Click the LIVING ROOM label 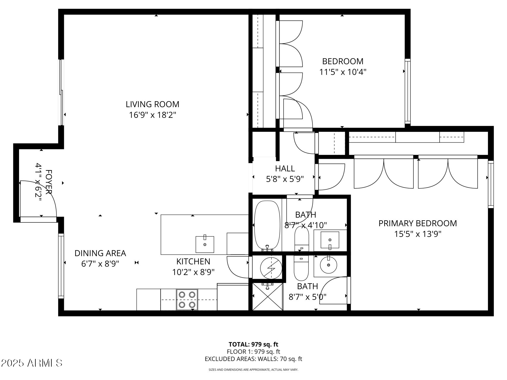[x=152, y=104]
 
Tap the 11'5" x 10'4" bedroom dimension [x=343, y=72]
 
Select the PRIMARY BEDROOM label [x=417, y=223]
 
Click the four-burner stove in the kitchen [x=187, y=300]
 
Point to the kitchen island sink [x=205, y=244]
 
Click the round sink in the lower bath [x=328, y=265]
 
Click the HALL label [x=285, y=169]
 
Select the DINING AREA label [x=100, y=253]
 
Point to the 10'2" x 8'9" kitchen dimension [x=193, y=272]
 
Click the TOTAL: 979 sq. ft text [x=253, y=344]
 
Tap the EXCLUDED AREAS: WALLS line [x=253, y=359]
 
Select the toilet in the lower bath [x=301, y=268]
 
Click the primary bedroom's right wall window [x=490, y=184]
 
